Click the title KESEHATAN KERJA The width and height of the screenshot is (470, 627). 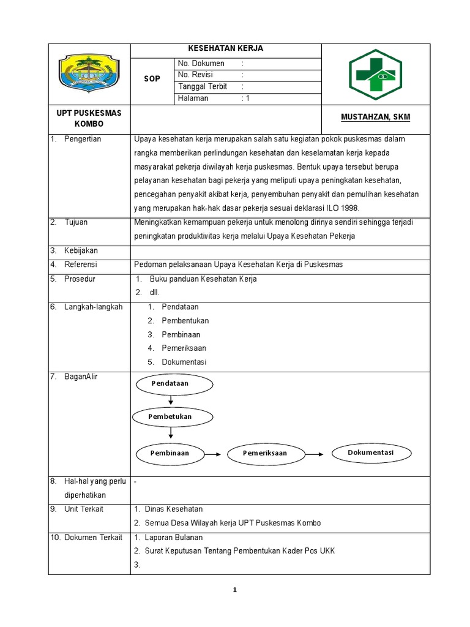coord(226,49)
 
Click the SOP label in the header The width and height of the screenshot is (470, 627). coord(152,79)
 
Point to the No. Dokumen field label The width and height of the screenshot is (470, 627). coord(201,64)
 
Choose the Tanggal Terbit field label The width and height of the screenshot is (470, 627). coord(202,87)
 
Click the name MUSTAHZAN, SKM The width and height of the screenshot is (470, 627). coord(375,117)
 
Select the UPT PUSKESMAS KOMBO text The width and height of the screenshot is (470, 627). coord(89,118)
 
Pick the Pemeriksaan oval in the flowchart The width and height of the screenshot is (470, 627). coord(265,454)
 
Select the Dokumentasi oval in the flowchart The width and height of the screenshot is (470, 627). coord(371,453)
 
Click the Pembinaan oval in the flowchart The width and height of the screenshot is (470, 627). coord(170,454)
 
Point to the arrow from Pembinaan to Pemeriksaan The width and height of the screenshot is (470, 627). coord(212,454)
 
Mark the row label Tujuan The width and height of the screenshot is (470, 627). coord(76,222)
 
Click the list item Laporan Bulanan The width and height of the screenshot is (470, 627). coord(173,538)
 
